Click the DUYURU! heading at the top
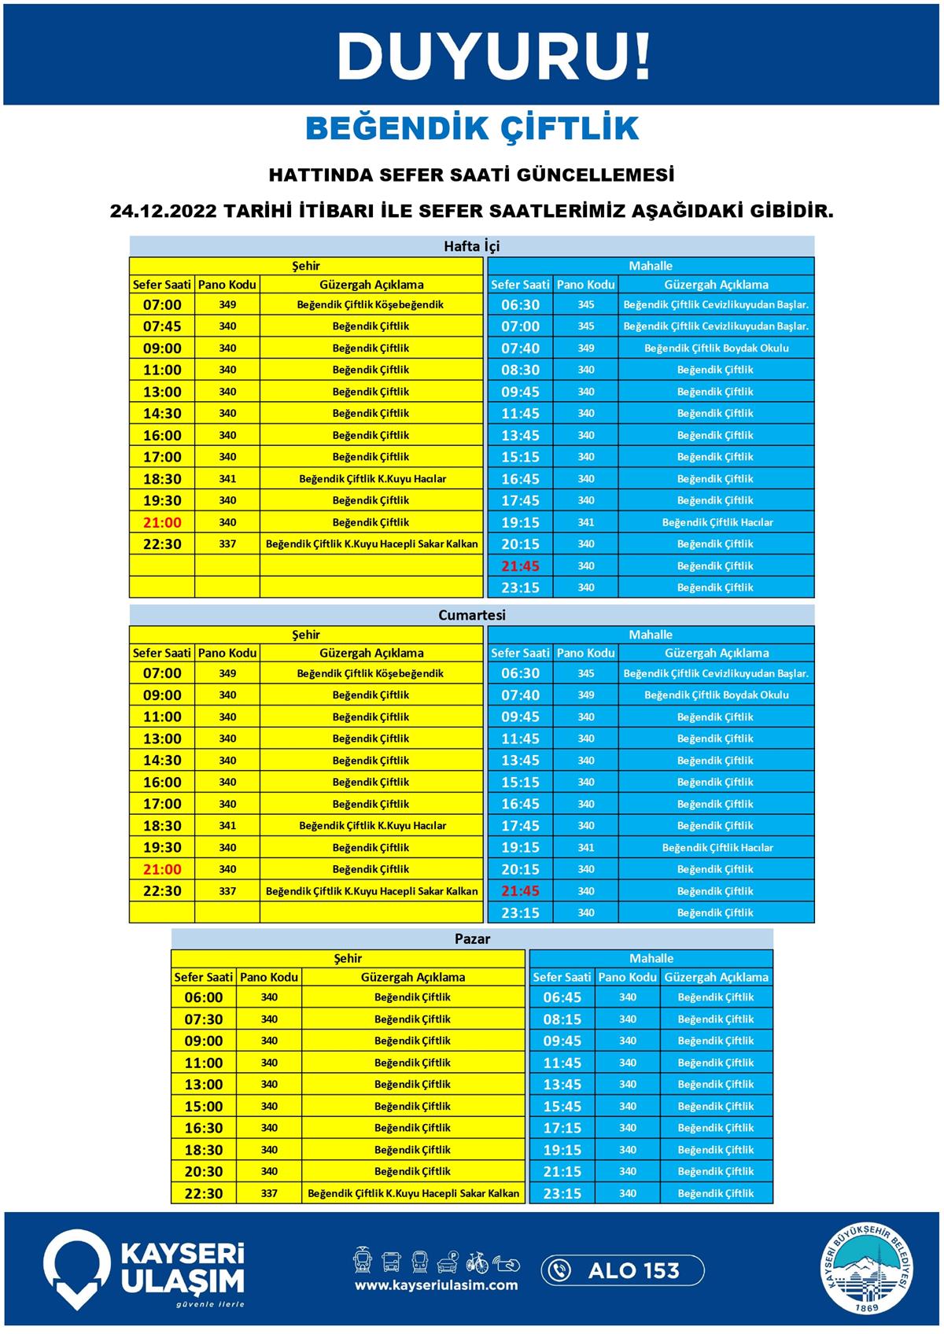click(494, 56)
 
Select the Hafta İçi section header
click(471, 246)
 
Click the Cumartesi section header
click(471, 615)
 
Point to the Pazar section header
click(472, 938)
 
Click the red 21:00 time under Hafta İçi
click(162, 522)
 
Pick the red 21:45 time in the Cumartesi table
click(520, 891)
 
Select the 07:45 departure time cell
click(162, 326)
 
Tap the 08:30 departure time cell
click(520, 370)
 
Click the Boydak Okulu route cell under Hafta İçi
click(716, 348)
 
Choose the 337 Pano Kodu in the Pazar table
click(269, 1193)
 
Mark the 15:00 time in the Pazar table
click(204, 1106)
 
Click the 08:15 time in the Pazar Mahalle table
click(562, 1019)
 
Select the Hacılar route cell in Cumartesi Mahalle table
click(717, 848)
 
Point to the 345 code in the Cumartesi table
click(585, 673)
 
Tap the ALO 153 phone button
click(622, 1270)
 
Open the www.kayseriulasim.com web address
click(436, 1285)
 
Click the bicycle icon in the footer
click(477, 1262)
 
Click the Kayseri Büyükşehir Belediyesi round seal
click(868, 1268)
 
